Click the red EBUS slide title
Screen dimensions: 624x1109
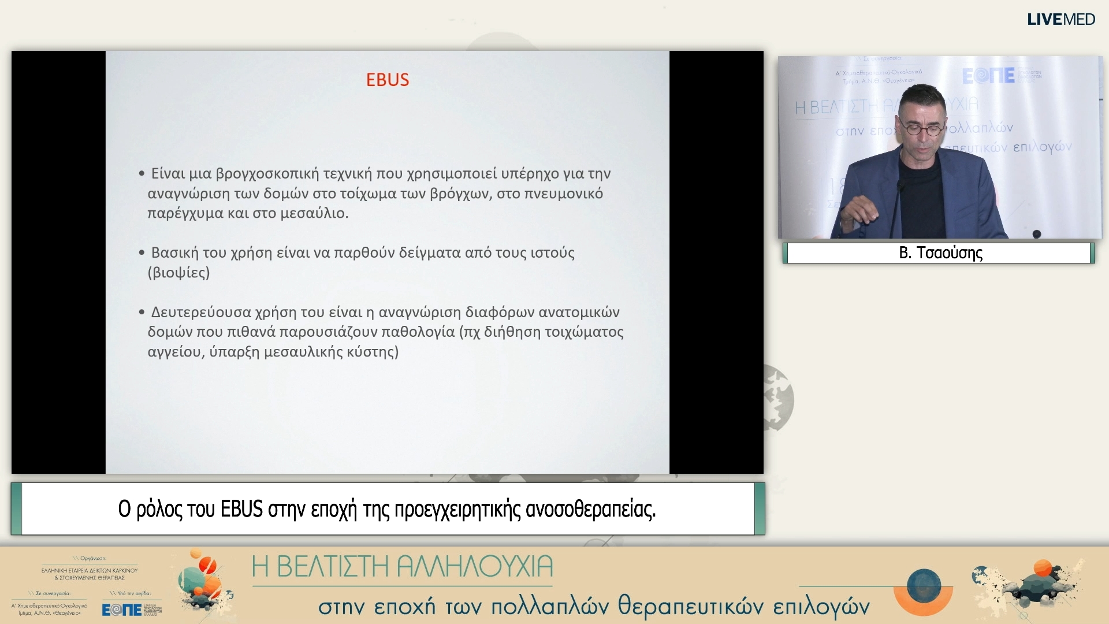tap(388, 80)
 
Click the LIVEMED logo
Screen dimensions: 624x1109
tap(1060, 20)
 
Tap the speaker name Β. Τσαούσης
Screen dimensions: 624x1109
tap(940, 253)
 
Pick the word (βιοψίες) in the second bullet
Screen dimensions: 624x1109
tap(178, 273)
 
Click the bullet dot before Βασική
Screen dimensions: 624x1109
tap(142, 252)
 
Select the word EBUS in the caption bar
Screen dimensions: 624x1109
tap(241, 510)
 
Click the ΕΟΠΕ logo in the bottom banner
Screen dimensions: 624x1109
tap(122, 610)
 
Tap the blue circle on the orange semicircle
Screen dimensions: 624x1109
tap(924, 585)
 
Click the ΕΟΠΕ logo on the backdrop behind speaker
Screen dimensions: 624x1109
tap(988, 76)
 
